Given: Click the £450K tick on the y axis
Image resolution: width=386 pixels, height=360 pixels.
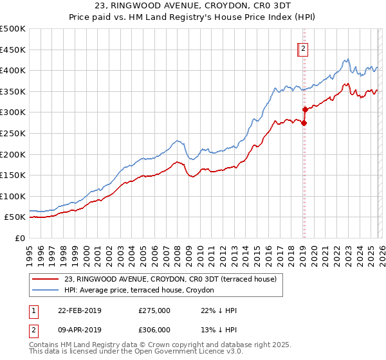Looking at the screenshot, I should (13, 50).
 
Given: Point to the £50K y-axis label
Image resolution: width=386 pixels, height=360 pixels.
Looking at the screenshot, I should (15, 217).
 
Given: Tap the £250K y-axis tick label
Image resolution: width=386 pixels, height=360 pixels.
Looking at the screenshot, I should (13, 133).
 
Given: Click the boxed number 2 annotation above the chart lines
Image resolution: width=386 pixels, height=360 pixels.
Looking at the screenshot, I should (303, 47).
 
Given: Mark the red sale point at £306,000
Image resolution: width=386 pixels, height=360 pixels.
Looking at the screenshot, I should (305, 110).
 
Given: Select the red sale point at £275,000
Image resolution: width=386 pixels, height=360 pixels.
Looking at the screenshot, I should (304, 123).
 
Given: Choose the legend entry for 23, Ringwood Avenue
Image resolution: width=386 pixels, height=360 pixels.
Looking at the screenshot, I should (170, 279).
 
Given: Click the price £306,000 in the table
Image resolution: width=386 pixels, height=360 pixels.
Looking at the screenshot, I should (154, 330).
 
